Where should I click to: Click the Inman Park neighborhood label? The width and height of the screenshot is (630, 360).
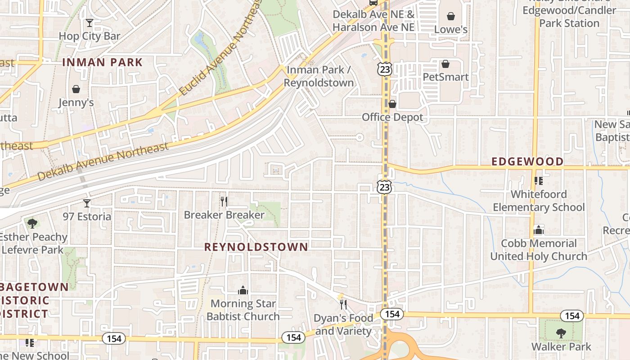coord(102,62)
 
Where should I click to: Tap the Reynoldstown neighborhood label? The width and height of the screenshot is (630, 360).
coord(256,247)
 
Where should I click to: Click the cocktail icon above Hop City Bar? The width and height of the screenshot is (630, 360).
coord(90,22)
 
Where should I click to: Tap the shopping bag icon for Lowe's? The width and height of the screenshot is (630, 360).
coord(451,17)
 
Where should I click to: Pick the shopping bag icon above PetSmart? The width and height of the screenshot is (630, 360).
coord(445,64)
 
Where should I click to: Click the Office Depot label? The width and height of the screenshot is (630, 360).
coord(392,117)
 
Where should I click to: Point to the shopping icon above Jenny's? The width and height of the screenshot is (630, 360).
coord(76,89)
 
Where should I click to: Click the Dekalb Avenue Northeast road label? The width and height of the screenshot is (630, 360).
coord(103,161)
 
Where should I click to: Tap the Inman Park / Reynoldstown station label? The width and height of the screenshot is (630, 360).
coord(319,76)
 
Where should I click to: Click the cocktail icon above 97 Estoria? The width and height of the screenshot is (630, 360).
coord(87,203)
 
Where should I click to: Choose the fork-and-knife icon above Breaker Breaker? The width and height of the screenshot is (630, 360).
coord(224,201)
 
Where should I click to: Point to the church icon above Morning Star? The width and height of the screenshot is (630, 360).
coord(243,290)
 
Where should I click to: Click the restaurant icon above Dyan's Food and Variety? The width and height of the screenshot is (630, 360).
coord(343,305)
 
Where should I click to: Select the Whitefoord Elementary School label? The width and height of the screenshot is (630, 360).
coord(539,201)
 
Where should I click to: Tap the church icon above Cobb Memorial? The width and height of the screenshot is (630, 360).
coord(539,230)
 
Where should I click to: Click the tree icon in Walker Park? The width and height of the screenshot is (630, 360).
coord(561,333)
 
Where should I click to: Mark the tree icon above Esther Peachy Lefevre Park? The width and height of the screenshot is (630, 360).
coord(32,223)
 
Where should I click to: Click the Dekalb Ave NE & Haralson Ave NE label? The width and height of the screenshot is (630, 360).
coord(373,21)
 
